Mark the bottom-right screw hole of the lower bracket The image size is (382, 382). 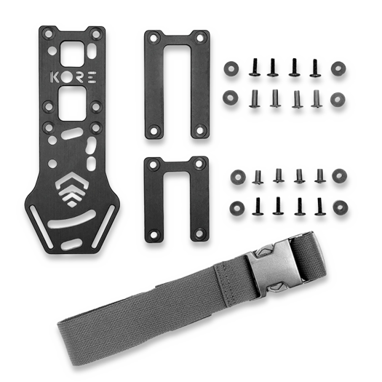tap(198, 235)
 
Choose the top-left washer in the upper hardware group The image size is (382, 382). tap(231, 67)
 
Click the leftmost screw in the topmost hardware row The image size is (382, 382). tap(255, 68)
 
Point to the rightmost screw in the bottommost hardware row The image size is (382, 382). tap(319, 206)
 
